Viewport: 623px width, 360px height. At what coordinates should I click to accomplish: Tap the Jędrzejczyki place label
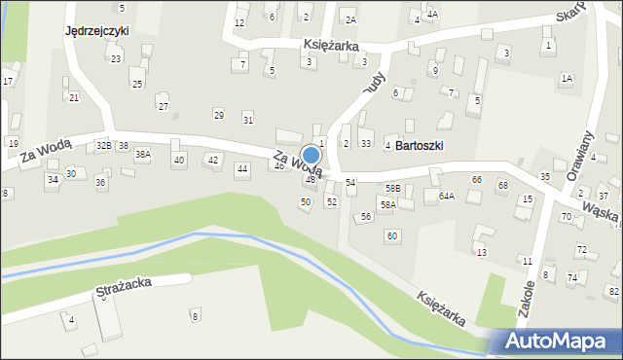96,31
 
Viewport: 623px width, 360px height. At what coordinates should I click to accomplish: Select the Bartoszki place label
420,145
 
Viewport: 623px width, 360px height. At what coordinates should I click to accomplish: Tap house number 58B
392,188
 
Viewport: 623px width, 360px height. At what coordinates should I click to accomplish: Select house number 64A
446,196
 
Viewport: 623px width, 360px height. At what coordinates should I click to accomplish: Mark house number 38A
143,155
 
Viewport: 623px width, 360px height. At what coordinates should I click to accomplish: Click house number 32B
103,145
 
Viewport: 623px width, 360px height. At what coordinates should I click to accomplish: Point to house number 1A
567,78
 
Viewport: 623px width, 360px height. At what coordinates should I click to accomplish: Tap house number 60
391,236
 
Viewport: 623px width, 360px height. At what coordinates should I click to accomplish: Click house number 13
481,253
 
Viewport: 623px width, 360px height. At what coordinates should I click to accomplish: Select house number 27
164,106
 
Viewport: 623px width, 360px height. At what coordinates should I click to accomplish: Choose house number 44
242,169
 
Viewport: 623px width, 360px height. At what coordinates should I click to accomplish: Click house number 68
502,185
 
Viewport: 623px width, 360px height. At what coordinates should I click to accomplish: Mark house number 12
239,22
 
